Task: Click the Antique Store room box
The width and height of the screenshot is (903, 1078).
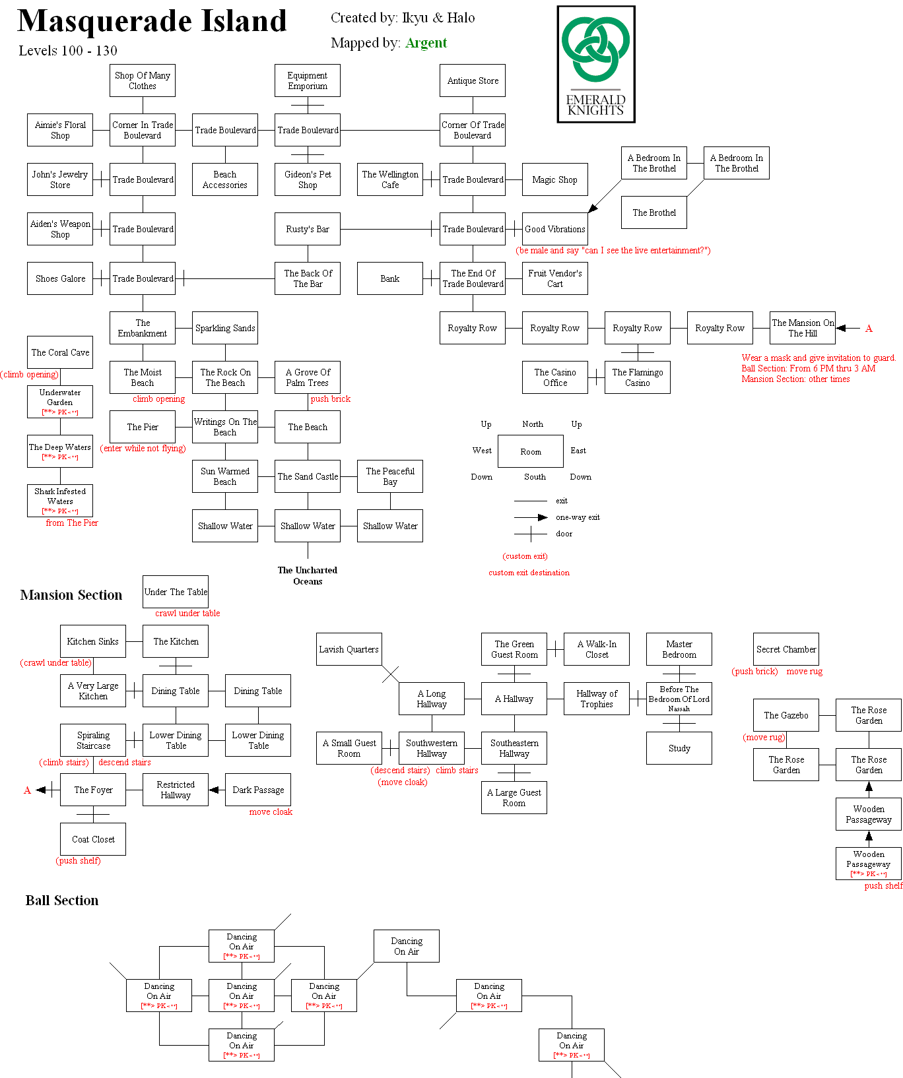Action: (x=473, y=80)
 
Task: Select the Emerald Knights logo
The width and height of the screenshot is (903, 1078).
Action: (x=596, y=65)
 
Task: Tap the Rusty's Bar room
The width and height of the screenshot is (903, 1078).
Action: (x=308, y=229)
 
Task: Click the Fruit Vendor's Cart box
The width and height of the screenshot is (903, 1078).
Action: (x=555, y=278)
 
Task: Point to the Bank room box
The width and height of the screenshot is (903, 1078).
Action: (x=390, y=278)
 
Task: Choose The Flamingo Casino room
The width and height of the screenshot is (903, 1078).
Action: (x=638, y=377)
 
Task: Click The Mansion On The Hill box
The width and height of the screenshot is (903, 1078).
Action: (x=803, y=328)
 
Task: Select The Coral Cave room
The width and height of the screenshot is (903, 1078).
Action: (x=60, y=352)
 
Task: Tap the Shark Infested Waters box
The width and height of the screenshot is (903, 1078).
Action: (x=60, y=501)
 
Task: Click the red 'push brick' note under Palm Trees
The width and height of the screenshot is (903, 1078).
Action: (x=331, y=399)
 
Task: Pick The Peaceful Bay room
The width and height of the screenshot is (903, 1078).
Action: (x=390, y=476)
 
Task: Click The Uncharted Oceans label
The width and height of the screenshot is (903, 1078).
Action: (x=308, y=575)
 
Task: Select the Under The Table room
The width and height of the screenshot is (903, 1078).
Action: (x=176, y=592)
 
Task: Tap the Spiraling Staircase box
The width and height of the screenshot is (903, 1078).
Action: (x=93, y=740)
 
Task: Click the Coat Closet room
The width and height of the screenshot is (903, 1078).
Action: (x=93, y=839)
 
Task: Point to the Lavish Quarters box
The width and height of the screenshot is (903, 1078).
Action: (x=349, y=649)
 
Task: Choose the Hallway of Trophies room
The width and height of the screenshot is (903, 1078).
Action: (x=597, y=699)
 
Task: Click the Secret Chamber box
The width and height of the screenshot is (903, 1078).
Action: (x=786, y=649)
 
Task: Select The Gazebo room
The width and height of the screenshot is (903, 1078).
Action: (x=786, y=715)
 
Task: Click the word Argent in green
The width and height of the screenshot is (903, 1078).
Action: (x=426, y=43)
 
